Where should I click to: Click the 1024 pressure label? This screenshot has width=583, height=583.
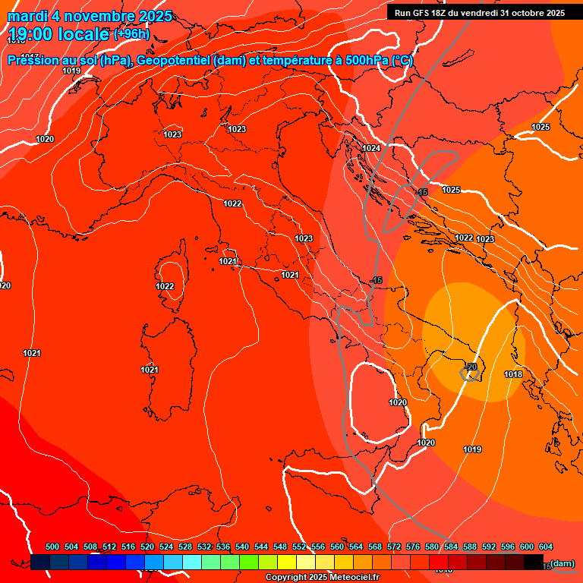pyautogui.click(x=371, y=148)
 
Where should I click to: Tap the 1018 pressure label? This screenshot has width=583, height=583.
pyautogui.click(x=513, y=374)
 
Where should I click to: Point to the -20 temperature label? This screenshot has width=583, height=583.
pyautogui.click(x=470, y=367)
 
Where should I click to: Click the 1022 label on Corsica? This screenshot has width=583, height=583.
pyautogui.click(x=165, y=286)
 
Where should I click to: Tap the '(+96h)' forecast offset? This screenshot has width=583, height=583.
pyautogui.click(x=132, y=34)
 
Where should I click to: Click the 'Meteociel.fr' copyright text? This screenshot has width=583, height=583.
pyautogui.click(x=348, y=578)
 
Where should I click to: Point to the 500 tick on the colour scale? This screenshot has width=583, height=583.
pyautogui.click(x=52, y=547)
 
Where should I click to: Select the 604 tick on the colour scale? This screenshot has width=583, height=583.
pyautogui.click(x=546, y=547)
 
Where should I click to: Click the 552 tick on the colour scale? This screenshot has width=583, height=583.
pyautogui.click(x=299, y=547)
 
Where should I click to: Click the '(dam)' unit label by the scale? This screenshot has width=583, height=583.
pyautogui.click(x=563, y=563)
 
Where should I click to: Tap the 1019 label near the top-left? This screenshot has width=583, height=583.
pyautogui.click(x=71, y=71)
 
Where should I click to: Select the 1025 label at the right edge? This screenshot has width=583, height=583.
pyautogui.click(x=540, y=127)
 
